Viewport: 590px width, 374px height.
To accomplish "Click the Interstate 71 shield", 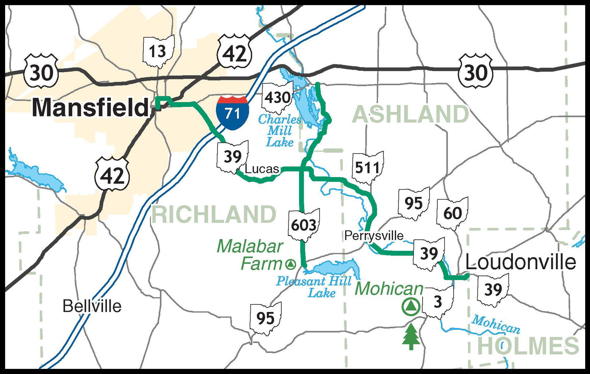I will point(232,112).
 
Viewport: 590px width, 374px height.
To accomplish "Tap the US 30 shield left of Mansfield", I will point(41,72).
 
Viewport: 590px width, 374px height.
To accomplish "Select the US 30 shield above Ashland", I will point(475,72).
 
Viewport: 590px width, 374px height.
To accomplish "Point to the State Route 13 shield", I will point(158,51).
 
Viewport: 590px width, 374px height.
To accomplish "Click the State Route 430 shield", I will point(277,98).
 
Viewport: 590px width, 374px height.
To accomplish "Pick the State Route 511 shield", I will point(368,168).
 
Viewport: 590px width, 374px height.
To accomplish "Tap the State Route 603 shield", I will point(303,225).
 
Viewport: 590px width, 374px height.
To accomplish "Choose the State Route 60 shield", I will point(452,213).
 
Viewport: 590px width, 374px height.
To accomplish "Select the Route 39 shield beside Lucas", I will point(232,157).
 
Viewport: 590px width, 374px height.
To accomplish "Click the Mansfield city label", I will point(90,108).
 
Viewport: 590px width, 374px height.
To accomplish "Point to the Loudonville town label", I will point(520,262).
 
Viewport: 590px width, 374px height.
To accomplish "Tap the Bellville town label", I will point(92,306).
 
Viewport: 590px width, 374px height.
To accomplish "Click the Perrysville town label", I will point(374,235).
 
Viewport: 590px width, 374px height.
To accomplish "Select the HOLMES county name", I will point(528,346).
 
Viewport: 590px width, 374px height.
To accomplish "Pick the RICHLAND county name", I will point(214,215).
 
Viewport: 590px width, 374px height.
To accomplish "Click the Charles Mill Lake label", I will point(280,131).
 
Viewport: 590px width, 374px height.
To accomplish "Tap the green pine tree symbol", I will point(411,336).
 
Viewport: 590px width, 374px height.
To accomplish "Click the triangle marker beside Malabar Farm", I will point(291,264).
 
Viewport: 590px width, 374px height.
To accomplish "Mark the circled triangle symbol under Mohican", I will point(410,307).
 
